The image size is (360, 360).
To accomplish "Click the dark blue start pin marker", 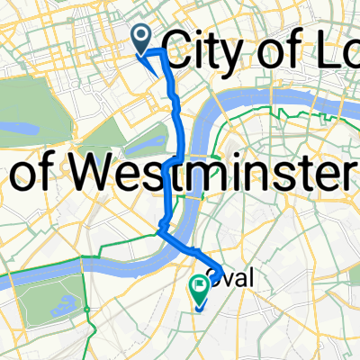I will tap(142, 38).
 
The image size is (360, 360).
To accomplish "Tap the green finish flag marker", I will tap(199, 287).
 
